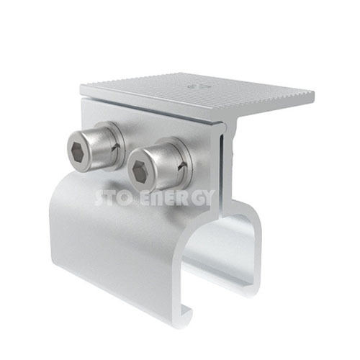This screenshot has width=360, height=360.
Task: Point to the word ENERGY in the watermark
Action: pos(177,197)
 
